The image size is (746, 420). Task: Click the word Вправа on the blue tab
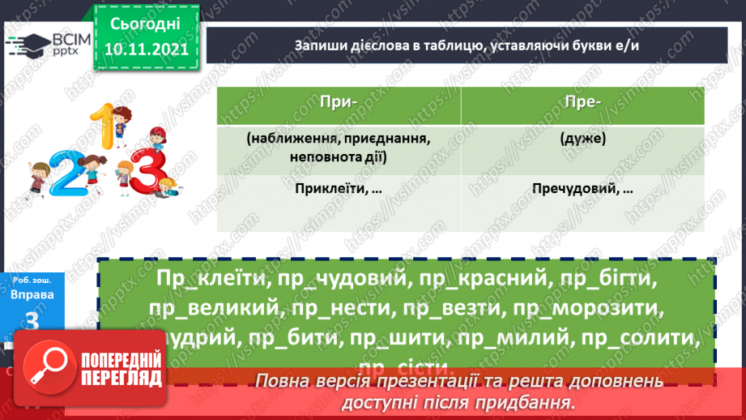click(x=33, y=294)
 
